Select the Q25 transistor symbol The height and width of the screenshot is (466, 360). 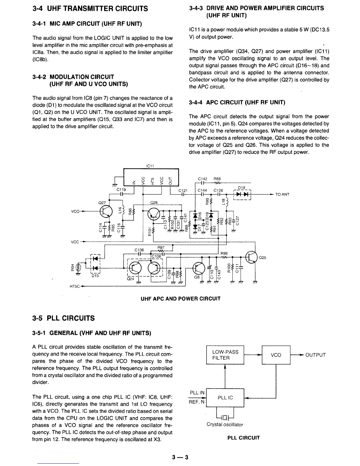tap(252, 257)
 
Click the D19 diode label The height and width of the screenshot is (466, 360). tap(241, 188)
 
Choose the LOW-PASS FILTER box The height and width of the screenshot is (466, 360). tap(225, 355)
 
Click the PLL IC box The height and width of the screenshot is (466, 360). tap(225, 398)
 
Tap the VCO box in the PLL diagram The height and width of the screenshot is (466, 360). tap(276, 355)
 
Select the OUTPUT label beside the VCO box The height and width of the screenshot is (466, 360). tap(316, 355)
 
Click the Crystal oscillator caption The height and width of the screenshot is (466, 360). tap(225, 425)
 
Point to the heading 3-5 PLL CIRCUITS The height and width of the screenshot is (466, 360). tap(64, 318)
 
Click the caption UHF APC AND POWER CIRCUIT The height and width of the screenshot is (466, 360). tap(181, 299)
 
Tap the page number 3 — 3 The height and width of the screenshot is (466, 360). tap(180, 457)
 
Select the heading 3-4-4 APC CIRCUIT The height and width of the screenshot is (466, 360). tap(237, 102)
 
